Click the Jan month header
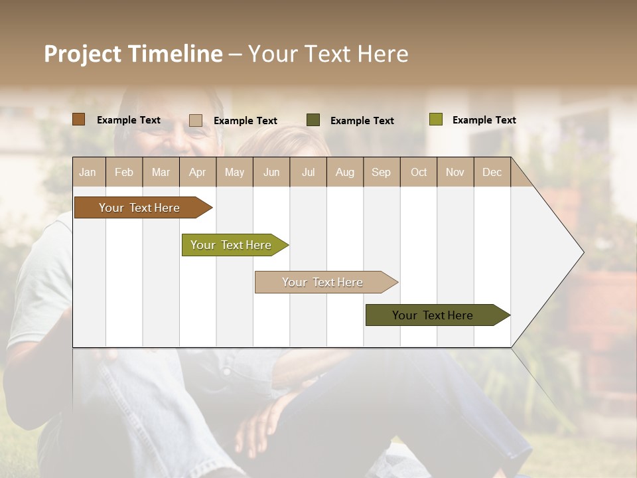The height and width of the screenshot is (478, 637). pyautogui.click(x=88, y=172)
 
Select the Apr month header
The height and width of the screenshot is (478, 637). pyautogui.click(x=197, y=172)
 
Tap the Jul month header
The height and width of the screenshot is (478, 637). pyautogui.click(x=308, y=172)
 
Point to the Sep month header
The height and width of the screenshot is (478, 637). pyautogui.click(x=381, y=172)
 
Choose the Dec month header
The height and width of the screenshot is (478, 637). pyautogui.click(x=492, y=172)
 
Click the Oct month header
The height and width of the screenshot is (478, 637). pyautogui.click(x=418, y=172)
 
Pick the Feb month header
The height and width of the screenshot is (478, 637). pyautogui.click(x=124, y=172)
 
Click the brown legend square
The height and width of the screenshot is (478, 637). pyautogui.click(x=78, y=119)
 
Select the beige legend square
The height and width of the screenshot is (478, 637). pyautogui.click(x=196, y=120)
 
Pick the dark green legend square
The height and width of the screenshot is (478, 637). pyautogui.click(x=313, y=120)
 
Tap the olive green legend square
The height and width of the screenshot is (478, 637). pyautogui.click(x=435, y=119)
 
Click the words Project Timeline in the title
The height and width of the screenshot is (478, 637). pyautogui.click(x=133, y=54)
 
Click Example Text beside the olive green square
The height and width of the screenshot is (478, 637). pyautogui.click(x=484, y=120)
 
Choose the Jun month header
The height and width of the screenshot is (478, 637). pyautogui.click(x=271, y=172)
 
